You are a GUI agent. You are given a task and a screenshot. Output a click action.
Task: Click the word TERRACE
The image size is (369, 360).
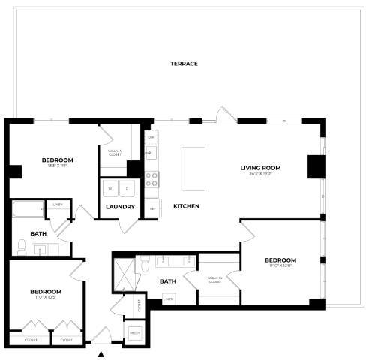click(184, 64)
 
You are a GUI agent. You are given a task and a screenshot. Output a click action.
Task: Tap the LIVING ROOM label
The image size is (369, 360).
click(260, 167)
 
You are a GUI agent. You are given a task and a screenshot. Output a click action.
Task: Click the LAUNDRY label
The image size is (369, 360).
click(121, 207)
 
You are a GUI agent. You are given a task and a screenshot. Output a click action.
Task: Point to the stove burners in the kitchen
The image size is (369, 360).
click(151, 179)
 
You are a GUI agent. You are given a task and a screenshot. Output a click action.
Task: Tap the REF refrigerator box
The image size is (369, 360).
click(152, 208)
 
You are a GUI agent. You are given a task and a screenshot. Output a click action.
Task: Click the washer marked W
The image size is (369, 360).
click(110, 188)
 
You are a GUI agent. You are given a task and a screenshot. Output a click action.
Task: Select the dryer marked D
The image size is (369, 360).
click(127, 188)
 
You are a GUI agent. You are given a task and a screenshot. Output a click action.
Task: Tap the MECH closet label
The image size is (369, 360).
click(136, 331)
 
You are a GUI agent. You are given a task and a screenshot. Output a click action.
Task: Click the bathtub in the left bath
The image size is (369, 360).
click(28, 209)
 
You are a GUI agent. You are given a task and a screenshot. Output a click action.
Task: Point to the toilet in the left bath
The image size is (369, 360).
click(21, 247)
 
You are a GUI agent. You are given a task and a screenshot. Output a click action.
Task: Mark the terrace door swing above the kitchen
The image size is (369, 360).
click(222, 115)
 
